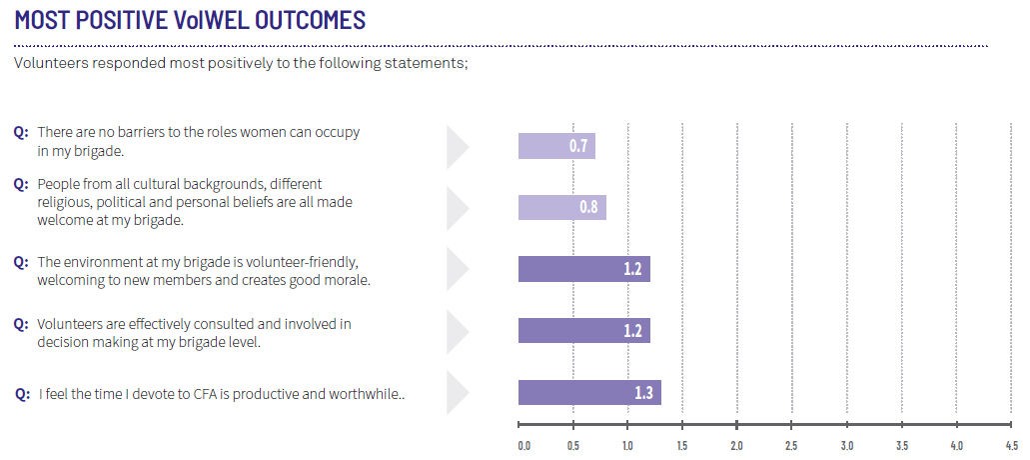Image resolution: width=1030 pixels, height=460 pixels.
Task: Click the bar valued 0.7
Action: (556, 146)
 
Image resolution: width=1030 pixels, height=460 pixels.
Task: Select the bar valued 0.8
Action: (561, 208)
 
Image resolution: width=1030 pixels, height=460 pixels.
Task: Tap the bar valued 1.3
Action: (589, 392)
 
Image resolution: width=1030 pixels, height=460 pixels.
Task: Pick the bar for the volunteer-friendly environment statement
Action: (584, 269)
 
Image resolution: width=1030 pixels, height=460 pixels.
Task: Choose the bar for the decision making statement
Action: (584, 331)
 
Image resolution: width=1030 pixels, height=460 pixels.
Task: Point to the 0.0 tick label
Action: (524, 446)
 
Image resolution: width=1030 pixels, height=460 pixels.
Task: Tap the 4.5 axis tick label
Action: (1010, 446)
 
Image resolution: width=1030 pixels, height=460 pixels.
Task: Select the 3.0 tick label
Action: (846, 446)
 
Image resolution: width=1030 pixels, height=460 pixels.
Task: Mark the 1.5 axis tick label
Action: (682, 446)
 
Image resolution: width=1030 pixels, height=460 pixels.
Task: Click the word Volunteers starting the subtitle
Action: (46, 64)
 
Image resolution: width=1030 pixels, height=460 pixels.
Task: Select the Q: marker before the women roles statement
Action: (22, 131)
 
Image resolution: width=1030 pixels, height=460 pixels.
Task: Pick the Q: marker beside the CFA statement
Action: (23, 394)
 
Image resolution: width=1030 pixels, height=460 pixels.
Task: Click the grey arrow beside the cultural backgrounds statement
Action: (458, 208)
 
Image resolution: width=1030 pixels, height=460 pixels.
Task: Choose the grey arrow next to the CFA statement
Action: (458, 392)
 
